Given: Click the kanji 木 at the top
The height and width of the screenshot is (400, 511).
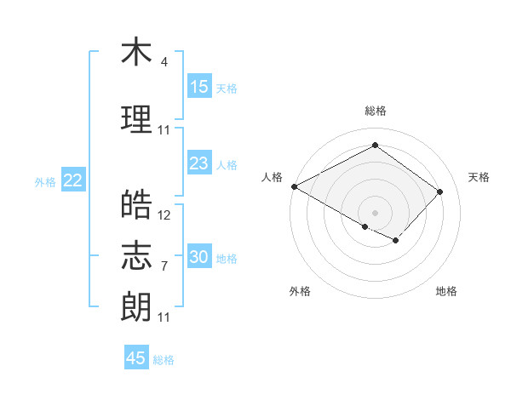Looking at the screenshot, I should pyautogui.click(x=136, y=53).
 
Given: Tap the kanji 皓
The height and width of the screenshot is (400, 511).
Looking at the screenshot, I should pyautogui.click(x=136, y=204).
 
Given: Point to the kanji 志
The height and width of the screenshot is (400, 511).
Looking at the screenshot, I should pyautogui.click(x=136, y=255).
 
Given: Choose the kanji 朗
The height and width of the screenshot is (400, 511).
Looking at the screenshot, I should pyautogui.click(x=136, y=306).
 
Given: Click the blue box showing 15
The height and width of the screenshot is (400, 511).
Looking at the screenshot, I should pyautogui.click(x=199, y=86).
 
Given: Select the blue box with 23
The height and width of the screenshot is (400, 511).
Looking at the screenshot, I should pyautogui.click(x=199, y=163).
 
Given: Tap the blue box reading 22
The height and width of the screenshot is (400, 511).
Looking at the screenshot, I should pyautogui.click(x=73, y=180).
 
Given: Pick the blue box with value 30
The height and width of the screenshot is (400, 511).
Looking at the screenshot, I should pyautogui.click(x=199, y=257).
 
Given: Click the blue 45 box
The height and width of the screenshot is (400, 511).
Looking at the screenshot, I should pyautogui.click(x=136, y=358).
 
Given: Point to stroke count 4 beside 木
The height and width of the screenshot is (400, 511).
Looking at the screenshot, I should pyautogui.click(x=164, y=62).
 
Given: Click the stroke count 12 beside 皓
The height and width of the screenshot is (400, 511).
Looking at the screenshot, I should pyautogui.click(x=164, y=215).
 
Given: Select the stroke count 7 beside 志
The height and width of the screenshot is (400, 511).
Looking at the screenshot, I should pyautogui.click(x=164, y=266).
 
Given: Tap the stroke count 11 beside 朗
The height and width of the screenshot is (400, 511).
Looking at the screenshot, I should pyautogui.click(x=164, y=317).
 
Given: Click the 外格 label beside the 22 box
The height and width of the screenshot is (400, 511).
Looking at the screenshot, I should pyautogui.click(x=45, y=181).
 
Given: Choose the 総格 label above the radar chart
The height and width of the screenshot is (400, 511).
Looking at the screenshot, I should pyautogui.click(x=376, y=111).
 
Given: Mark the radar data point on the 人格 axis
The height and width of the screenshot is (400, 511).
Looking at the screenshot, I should pyautogui.click(x=294, y=186).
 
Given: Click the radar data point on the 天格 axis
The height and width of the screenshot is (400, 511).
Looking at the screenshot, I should pyautogui.click(x=439, y=191).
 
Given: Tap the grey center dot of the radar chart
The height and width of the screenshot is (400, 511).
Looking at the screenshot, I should pyautogui.click(x=375, y=211).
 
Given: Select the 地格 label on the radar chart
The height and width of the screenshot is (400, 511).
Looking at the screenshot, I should pyautogui.click(x=446, y=291).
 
